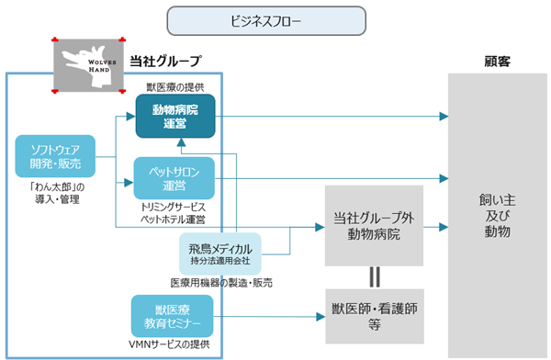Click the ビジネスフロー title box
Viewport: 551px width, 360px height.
[x=266, y=21]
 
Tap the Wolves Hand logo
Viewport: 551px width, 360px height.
[x=88, y=65]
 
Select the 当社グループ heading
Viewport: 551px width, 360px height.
[x=165, y=62]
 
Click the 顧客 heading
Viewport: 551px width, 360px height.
[x=497, y=62]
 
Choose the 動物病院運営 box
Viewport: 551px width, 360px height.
[x=175, y=116]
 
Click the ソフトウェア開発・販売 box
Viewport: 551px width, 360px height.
[x=55, y=156]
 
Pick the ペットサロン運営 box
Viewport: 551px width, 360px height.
[x=174, y=178]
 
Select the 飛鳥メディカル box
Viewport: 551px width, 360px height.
[x=220, y=253]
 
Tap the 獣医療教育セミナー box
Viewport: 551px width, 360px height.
[x=173, y=316]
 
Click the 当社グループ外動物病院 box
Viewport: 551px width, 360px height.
[x=374, y=226]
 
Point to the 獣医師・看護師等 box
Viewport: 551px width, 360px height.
[x=375, y=316]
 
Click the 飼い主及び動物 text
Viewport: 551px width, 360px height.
[x=497, y=216]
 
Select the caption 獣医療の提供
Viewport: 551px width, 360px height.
[x=175, y=87]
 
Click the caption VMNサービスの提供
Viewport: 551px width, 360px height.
[x=169, y=344]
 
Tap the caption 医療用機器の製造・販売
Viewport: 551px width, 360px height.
[x=221, y=283]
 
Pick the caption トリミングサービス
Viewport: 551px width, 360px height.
[x=173, y=207]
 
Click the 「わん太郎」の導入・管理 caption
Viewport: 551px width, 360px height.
[x=57, y=194]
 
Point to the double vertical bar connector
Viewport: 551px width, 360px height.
[x=375, y=277]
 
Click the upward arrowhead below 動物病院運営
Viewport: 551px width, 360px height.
[x=181, y=142]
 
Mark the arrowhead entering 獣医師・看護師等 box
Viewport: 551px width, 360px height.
[x=320, y=317]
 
